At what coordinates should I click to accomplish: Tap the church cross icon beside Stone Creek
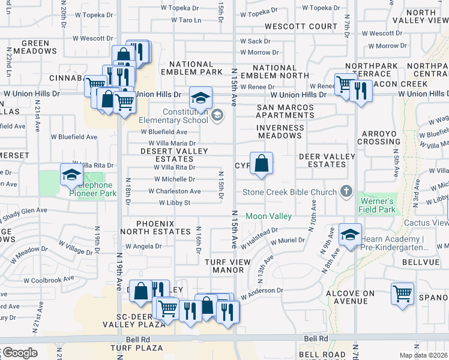pos(346,191)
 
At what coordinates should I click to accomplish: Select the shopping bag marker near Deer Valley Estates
pos(261,164)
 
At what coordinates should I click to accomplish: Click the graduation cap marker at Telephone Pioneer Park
pos(71,175)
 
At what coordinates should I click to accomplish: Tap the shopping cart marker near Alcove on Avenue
pos(402,294)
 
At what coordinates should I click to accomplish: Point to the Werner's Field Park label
pos(378,205)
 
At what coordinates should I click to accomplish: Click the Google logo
pos(19,353)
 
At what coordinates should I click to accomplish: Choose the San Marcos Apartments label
pos(285,112)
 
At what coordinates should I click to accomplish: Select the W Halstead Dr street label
pos(259,239)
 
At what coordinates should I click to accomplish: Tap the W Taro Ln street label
pos(185,20)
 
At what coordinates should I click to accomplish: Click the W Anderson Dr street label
pos(262,292)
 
